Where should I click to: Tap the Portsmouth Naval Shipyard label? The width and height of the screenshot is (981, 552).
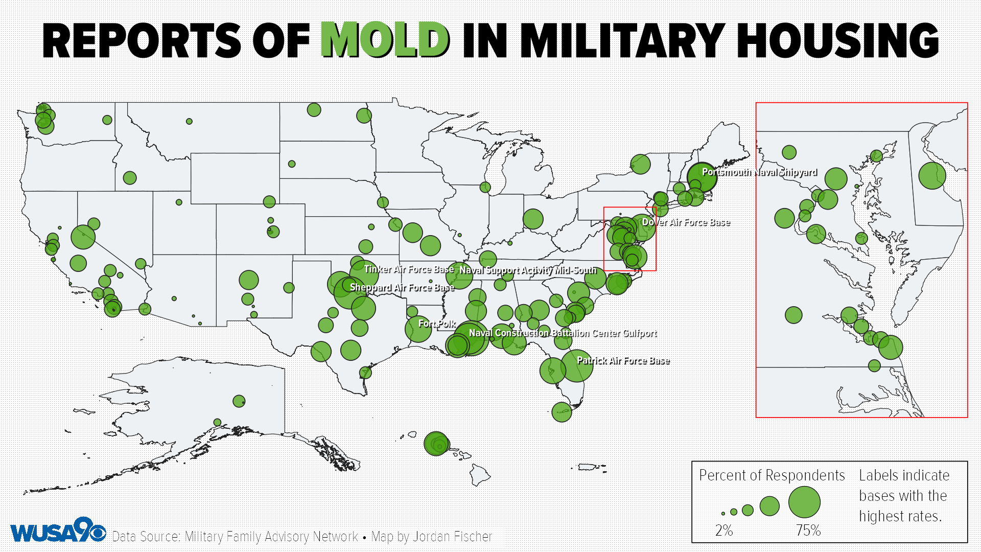pos(759,172)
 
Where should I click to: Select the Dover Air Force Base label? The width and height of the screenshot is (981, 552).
pos(686,222)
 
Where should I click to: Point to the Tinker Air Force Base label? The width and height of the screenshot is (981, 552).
pos(409,269)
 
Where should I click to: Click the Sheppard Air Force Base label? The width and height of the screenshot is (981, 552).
pos(402,288)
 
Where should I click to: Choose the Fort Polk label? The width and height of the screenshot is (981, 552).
pos(437,324)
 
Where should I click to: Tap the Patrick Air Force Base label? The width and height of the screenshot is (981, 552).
pos(623,361)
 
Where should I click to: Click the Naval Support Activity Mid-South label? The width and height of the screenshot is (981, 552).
pos(528,270)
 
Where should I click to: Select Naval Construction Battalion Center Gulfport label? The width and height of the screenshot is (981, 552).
pos(563,333)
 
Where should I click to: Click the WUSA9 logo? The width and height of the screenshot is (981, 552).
pos(58,532)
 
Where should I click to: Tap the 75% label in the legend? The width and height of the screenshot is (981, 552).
pos(808,531)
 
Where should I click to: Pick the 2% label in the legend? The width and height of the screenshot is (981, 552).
pos(723,531)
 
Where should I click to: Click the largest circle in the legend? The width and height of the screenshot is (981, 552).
pos(804,502)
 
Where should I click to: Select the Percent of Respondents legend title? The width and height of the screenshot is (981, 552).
pos(772,475)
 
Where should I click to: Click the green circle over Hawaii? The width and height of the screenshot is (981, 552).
pos(436,443)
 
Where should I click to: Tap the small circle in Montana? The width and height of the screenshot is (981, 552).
pos(189,121)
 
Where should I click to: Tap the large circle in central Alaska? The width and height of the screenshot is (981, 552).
pos(239,401)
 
